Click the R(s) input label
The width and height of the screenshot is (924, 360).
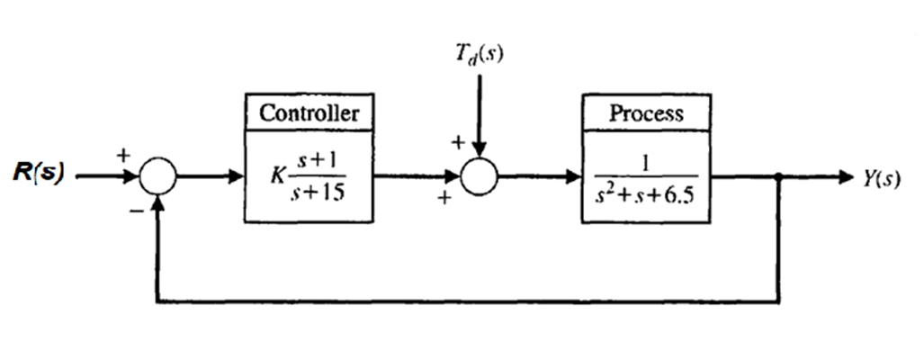[38, 174]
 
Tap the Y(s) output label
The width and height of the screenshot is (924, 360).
[876, 177]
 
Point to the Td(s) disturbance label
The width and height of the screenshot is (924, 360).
[479, 54]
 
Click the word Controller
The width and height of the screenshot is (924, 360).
[309, 113]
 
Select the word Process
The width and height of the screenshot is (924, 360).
[646, 113]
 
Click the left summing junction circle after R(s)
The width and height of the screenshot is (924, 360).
[158, 178]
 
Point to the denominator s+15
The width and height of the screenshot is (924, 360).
[319, 191]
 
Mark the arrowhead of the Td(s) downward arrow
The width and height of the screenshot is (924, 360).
[479, 152]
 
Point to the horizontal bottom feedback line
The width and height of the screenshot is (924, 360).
[468, 301]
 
